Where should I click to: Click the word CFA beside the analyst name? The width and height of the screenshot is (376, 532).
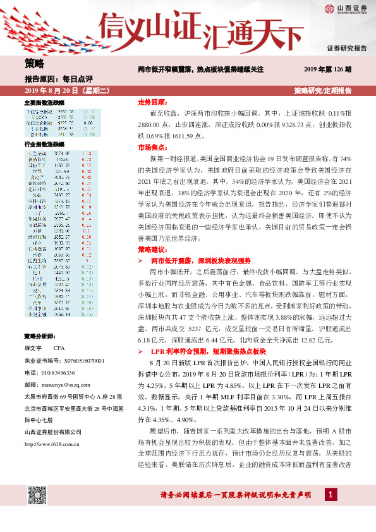(59, 348)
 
